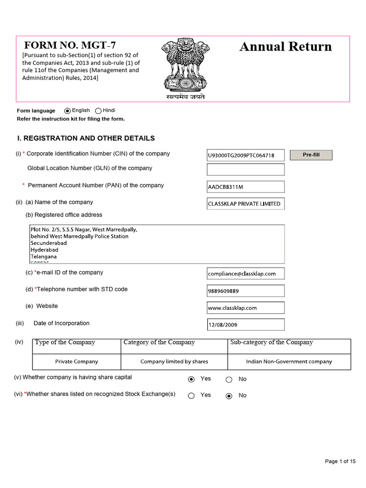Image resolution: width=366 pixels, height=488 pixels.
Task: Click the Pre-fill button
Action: pos(311,155)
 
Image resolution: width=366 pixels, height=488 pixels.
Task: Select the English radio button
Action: pos(67,111)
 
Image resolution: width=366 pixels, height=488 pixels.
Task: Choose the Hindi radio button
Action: pos(98,111)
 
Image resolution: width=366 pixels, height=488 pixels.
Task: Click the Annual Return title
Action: pos(285,47)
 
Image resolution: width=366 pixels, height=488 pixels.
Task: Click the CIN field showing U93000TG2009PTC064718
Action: pos(245,155)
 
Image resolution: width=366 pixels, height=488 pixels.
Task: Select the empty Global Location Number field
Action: pos(245,169)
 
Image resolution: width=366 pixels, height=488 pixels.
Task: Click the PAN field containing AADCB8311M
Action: pos(245,186)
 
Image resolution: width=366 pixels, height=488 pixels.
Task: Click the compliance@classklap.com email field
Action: pos(245,274)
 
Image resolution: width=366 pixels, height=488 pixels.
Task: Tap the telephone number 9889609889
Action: pos(245,291)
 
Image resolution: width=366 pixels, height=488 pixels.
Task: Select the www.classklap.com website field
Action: pos(245,307)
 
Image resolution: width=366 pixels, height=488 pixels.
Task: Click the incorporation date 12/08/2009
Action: pos(245,325)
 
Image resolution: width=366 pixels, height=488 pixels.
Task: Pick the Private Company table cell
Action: pos(77,362)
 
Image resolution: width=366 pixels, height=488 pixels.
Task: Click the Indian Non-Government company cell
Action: pos(289,362)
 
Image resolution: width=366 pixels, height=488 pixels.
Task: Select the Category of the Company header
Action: pos(159,343)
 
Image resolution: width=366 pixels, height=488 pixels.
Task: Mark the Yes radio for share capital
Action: pos(192,379)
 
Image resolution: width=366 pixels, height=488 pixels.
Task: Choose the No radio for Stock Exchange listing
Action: pos(229,396)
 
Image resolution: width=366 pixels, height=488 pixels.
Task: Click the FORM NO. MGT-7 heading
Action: pos(70,46)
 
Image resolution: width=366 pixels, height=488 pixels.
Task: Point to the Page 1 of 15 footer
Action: pos(340,461)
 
